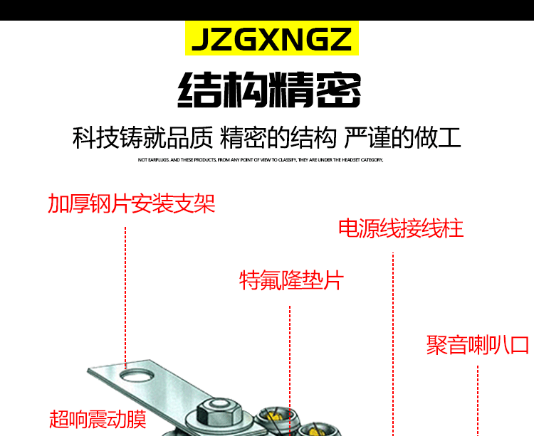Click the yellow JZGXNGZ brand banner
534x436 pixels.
point(271,40)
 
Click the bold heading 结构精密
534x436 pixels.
point(269,90)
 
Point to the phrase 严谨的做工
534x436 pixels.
point(402,137)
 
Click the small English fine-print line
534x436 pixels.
point(261,160)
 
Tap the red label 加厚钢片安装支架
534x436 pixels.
point(131,204)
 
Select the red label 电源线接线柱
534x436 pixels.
point(401,228)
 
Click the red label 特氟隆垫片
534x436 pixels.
point(291,280)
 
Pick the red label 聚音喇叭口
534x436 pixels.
point(478,345)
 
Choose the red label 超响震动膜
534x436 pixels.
point(98,419)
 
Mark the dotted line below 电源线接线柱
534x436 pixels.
point(393,341)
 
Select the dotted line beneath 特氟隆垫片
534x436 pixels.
point(290,356)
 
